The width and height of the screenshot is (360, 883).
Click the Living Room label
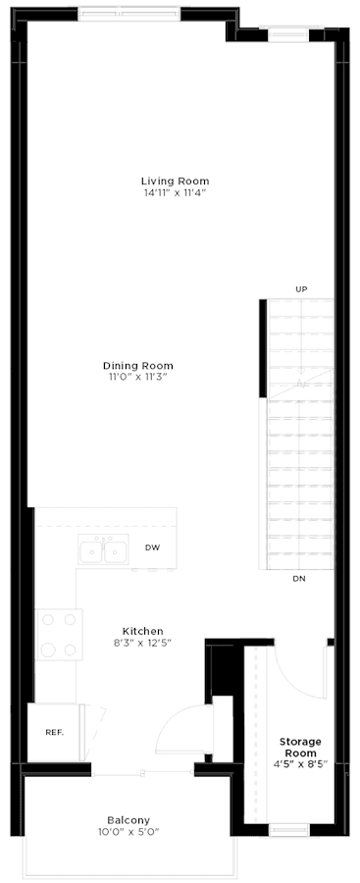(x=175, y=181)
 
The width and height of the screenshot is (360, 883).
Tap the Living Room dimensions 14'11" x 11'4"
(x=175, y=192)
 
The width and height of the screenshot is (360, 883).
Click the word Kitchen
(x=142, y=631)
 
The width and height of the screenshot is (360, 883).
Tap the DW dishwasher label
(x=152, y=548)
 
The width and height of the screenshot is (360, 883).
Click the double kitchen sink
(x=104, y=553)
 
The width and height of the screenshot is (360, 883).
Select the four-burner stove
(x=58, y=635)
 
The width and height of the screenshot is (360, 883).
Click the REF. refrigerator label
(x=54, y=732)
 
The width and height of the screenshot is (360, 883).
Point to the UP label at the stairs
(x=301, y=289)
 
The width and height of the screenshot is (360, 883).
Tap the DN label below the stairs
(x=298, y=580)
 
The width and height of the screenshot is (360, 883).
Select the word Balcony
(x=129, y=819)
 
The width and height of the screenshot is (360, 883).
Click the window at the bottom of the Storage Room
(x=289, y=830)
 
